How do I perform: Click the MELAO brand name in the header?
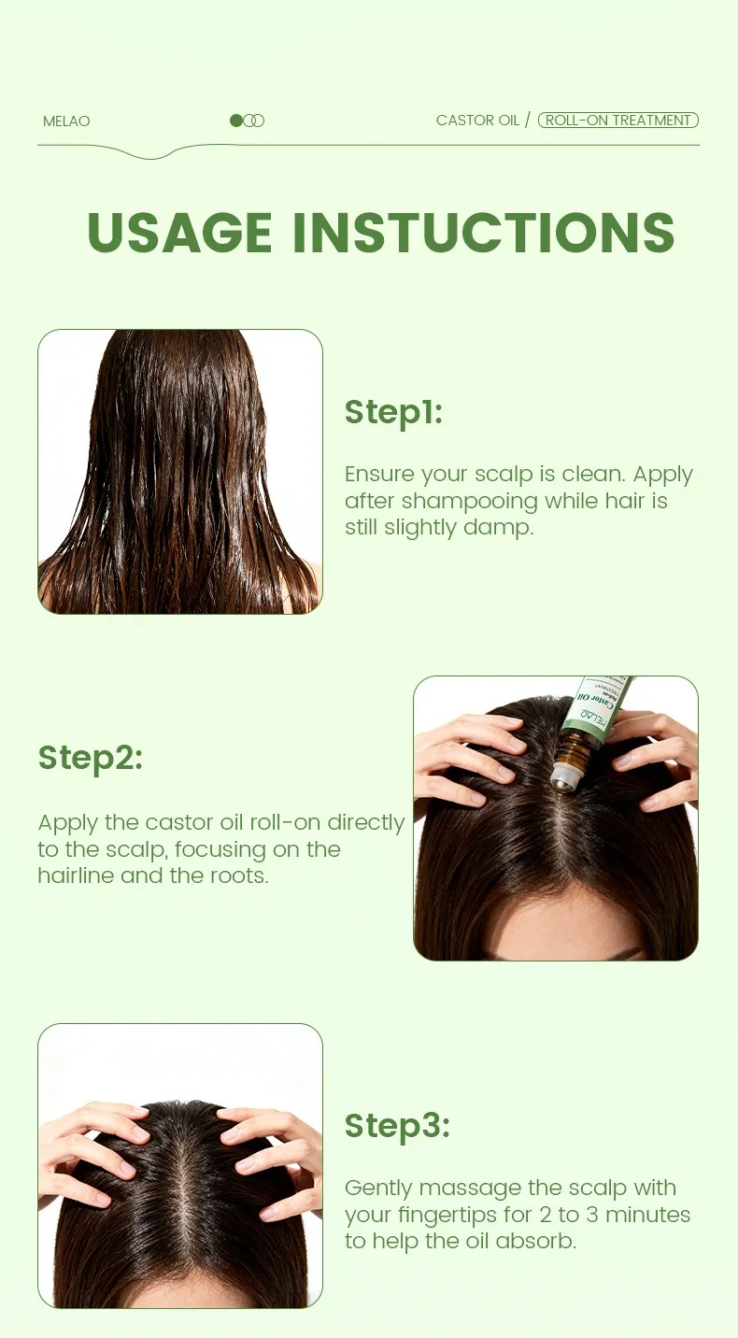pos(66,121)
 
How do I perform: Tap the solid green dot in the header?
pos(235,121)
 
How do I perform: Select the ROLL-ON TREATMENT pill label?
pos(618,120)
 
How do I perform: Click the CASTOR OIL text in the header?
pos(477,120)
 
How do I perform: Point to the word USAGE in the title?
pos(179,232)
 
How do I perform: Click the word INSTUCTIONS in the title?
pos(484,232)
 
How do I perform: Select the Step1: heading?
pos(393,413)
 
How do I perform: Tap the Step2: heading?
pos(91,759)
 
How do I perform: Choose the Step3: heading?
pos(397,1126)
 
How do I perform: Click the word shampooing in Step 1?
pos(469,502)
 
